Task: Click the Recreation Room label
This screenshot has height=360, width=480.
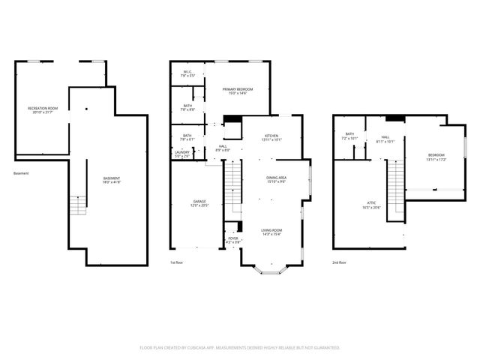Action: click(x=43, y=110)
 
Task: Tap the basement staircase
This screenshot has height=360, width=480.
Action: click(x=78, y=205)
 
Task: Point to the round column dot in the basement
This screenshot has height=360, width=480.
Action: click(x=86, y=109)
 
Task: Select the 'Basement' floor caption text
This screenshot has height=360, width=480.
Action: click(x=21, y=174)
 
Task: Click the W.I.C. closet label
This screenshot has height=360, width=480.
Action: click(x=187, y=74)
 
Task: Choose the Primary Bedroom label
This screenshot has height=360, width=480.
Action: click(x=237, y=91)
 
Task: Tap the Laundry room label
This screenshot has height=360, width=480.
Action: click(x=182, y=154)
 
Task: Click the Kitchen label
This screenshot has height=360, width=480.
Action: click(x=271, y=138)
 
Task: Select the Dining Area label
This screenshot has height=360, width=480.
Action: click(x=276, y=180)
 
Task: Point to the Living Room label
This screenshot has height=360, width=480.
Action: click(x=271, y=232)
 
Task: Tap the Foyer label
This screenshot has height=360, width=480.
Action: click(x=233, y=240)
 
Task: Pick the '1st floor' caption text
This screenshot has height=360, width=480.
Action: click(x=177, y=262)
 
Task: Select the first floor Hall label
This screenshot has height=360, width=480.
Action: click(x=223, y=148)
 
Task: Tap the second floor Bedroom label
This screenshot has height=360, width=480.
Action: click(x=436, y=157)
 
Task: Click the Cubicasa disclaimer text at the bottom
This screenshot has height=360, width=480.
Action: click(x=240, y=347)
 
